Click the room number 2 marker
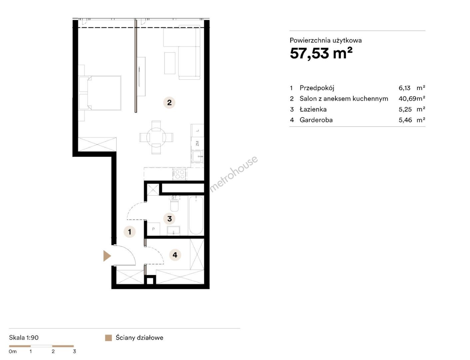click(x=169, y=103)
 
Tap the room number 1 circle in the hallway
click(x=130, y=232)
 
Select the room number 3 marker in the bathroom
click(x=169, y=219)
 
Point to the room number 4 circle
click(x=175, y=255)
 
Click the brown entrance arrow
click(x=107, y=256)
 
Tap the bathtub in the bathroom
click(x=196, y=215)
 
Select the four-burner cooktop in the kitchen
click(x=179, y=174)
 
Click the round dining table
click(x=156, y=137)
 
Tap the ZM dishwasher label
click(x=198, y=143)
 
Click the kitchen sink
click(x=198, y=156)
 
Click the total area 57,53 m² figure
click(x=321, y=53)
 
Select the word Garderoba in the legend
click(x=316, y=120)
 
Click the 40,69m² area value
click(x=412, y=99)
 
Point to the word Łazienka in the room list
click(x=313, y=109)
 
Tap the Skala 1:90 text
click(x=24, y=338)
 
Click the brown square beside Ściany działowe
click(x=108, y=338)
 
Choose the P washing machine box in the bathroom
click(x=153, y=229)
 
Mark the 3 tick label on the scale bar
click(x=74, y=351)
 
